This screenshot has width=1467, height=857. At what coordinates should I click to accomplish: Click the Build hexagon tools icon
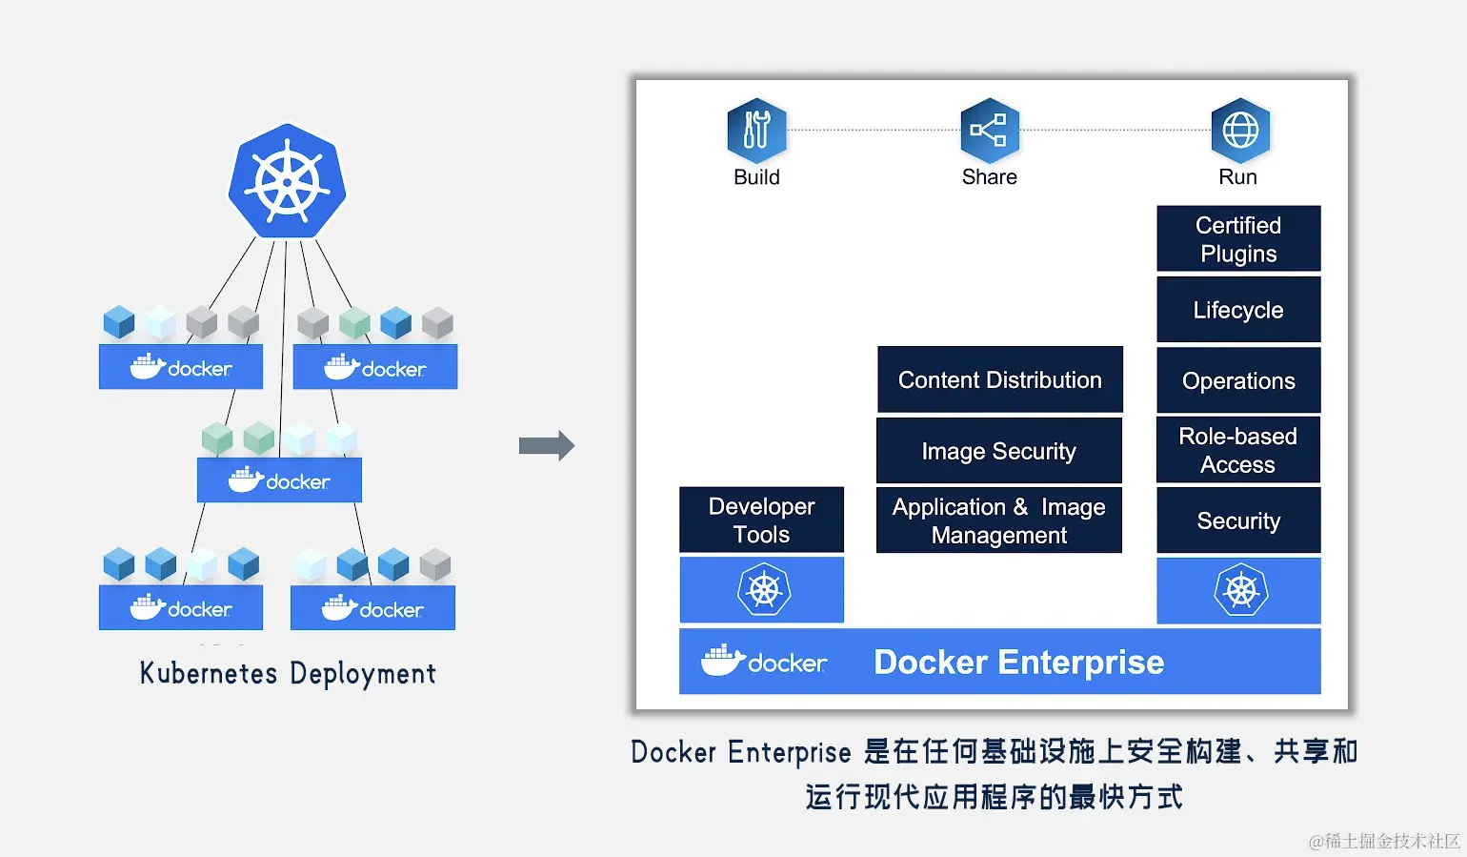(756, 130)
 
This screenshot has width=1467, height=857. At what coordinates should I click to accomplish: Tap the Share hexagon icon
(990, 130)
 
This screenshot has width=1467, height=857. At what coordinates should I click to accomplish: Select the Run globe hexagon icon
(1239, 130)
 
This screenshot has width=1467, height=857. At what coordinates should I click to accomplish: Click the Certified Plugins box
(1238, 238)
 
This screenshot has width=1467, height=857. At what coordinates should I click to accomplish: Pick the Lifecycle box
(1238, 309)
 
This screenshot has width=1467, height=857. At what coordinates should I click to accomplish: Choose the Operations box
(1238, 380)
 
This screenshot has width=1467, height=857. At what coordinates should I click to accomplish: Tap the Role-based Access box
(1238, 450)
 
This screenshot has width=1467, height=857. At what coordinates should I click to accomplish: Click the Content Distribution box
(1000, 379)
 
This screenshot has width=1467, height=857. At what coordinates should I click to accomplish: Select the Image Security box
(999, 451)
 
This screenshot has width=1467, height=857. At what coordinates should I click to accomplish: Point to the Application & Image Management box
(999, 520)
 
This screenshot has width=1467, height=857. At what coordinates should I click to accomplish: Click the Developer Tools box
(762, 520)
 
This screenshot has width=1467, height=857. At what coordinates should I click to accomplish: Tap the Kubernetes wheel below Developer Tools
(764, 590)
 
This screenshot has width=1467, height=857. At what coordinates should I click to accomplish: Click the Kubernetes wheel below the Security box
(1240, 590)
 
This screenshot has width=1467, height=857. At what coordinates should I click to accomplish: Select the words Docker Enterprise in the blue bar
(1019, 662)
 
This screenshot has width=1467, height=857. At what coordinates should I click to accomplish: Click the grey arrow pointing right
(547, 445)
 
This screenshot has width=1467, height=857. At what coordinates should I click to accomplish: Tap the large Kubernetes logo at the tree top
(287, 181)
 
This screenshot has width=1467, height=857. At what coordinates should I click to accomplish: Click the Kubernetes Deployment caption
(288, 674)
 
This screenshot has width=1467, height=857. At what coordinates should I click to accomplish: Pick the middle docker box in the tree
(280, 480)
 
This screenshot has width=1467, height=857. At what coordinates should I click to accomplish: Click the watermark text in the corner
(1384, 840)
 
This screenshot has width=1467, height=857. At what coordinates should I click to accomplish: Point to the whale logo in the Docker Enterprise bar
(723, 661)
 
